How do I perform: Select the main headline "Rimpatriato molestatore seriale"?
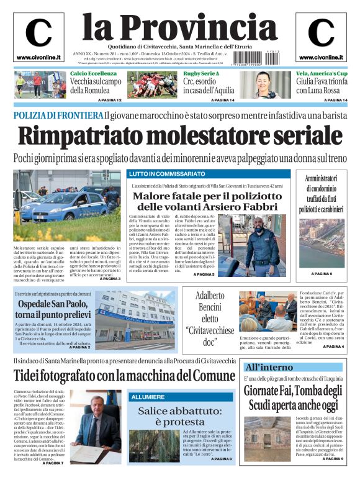pyautogui.click(x=179, y=136)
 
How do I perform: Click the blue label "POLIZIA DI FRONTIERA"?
pyautogui.click(x=58, y=116)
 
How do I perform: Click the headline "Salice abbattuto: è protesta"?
pyautogui.click(x=179, y=416)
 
